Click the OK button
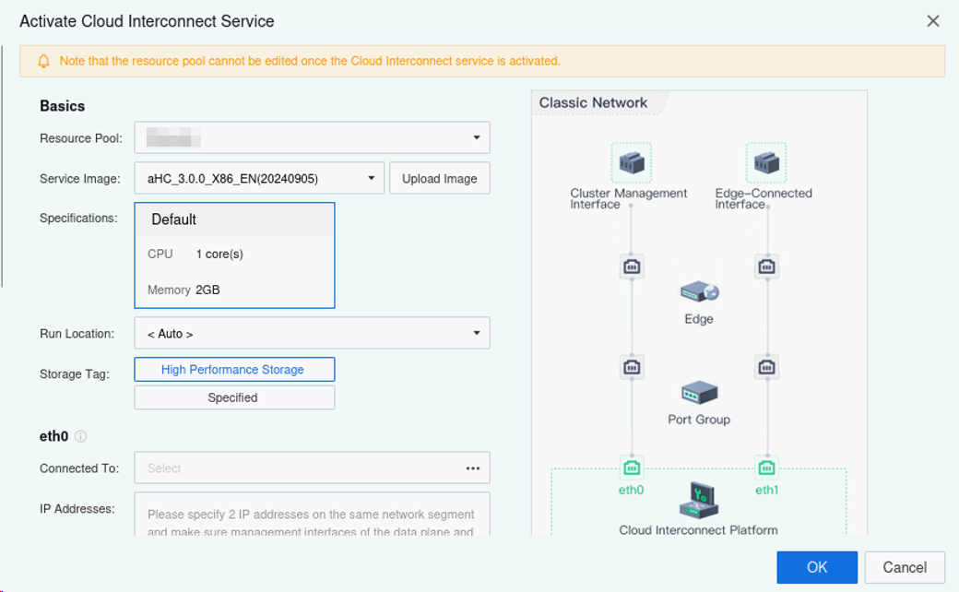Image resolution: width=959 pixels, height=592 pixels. (x=816, y=567)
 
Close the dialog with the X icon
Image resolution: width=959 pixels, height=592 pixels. (x=933, y=21)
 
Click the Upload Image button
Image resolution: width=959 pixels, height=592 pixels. (x=439, y=178)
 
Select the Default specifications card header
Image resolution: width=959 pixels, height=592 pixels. (x=234, y=219)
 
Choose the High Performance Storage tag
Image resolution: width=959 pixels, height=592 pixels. (x=234, y=370)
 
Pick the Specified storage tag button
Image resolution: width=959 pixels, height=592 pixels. (x=234, y=397)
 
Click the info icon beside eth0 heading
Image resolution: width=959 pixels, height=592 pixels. (x=80, y=436)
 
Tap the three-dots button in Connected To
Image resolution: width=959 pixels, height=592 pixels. (x=473, y=468)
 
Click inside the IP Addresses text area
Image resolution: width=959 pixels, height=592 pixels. (x=312, y=515)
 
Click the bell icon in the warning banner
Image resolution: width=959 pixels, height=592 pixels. (x=43, y=61)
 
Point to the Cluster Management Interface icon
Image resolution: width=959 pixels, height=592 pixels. (x=632, y=163)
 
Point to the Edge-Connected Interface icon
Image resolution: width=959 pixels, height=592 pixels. (x=765, y=163)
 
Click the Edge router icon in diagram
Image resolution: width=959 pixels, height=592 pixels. (x=699, y=293)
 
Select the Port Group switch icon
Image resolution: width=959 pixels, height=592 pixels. (x=699, y=393)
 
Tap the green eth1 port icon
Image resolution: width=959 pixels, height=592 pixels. (x=766, y=467)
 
